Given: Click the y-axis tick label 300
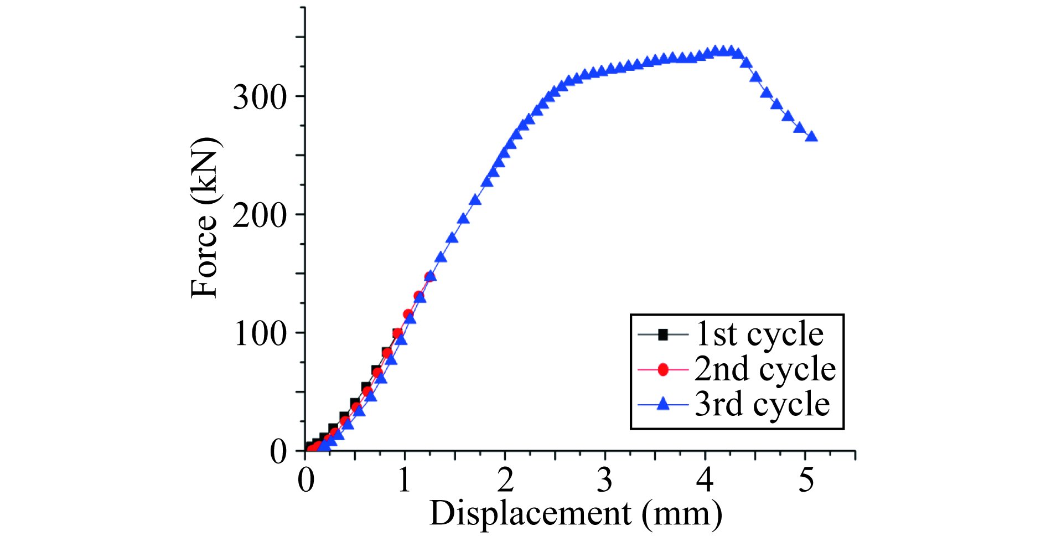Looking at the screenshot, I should pyautogui.click(x=260, y=98).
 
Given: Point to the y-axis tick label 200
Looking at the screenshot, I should pyautogui.click(x=260, y=216).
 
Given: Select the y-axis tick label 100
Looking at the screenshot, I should pyautogui.click(x=260, y=334).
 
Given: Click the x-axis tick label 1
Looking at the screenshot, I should pyautogui.click(x=405, y=480).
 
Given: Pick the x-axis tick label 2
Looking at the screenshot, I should pyautogui.click(x=505, y=480).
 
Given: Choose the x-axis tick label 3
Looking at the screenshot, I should pyautogui.click(x=605, y=480).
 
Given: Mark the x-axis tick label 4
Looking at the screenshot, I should pyautogui.click(x=705, y=480).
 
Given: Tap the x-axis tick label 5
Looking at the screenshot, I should pyautogui.click(x=806, y=480).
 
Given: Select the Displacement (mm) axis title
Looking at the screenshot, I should pyautogui.click(x=576, y=513).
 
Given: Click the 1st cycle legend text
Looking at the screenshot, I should pyautogui.click(x=759, y=334).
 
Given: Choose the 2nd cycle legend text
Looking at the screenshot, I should pyautogui.click(x=765, y=369).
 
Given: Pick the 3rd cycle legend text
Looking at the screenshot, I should pyautogui.click(x=762, y=404).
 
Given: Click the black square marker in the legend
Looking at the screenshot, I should pyautogui.click(x=662, y=334).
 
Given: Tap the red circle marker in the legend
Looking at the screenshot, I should pyautogui.click(x=662, y=369).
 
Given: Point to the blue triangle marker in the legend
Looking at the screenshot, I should pyautogui.click(x=662, y=405).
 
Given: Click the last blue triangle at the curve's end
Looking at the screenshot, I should pyautogui.click(x=811, y=137).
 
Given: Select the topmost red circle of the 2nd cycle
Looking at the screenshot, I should pyautogui.click(x=429, y=277).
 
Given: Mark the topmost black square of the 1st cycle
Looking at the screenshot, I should pyautogui.click(x=397, y=333).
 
